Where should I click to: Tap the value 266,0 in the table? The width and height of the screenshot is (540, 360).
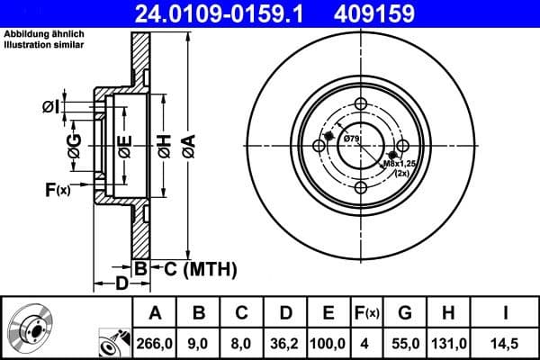155,342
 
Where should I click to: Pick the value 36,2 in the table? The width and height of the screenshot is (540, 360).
285,342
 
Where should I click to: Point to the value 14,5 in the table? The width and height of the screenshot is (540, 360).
506,342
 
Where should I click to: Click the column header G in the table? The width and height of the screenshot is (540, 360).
406,313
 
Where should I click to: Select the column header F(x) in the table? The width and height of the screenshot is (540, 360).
366,313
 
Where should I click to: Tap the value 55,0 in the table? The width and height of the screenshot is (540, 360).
406,342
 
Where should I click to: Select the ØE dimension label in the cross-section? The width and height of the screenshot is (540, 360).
125,144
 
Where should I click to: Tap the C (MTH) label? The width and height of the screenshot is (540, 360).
194,268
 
